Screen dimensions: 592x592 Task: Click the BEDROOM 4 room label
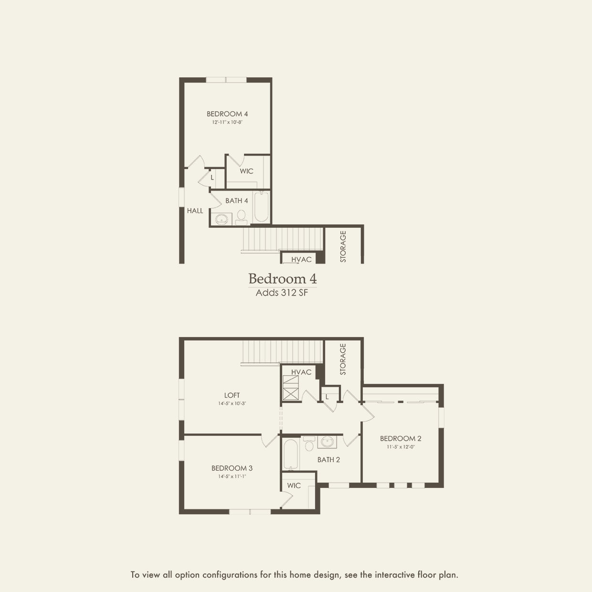pyautogui.click(x=227, y=114)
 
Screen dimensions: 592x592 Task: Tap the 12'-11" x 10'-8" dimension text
pyautogui.click(x=227, y=122)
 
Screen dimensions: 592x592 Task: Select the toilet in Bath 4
pyautogui.click(x=241, y=218)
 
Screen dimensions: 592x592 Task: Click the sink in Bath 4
pyautogui.click(x=221, y=219)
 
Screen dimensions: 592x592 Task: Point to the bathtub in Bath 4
pyautogui.click(x=261, y=207)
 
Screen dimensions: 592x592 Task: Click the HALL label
pyautogui.click(x=195, y=211)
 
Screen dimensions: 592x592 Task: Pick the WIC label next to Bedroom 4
pyautogui.click(x=246, y=171)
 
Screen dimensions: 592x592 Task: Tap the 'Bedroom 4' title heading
pyautogui.click(x=282, y=279)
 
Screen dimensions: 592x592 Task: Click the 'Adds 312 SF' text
pyautogui.click(x=282, y=293)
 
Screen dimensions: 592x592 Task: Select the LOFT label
pyautogui.click(x=232, y=395)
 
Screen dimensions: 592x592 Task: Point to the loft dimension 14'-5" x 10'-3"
pyautogui.click(x=232, y=404)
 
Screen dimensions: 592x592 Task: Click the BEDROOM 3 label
pyautogui.click(x=232, y=468)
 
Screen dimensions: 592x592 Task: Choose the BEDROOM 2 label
pyautogui.click(x=401, y=438)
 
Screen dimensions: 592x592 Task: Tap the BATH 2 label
pyautogui.click(x=328, y=460)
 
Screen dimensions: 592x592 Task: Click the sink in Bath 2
pyautogui.click(x=327, y=442)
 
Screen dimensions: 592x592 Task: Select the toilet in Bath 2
pyautogui.click(x=309, y=443)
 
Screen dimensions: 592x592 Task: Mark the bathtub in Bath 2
pyautogui.click(x=290, y=455)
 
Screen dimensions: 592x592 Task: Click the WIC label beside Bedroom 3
pyautogui.click(x=294, y=486)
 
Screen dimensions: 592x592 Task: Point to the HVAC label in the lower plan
pyautogui.click(x=301, y=372)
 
